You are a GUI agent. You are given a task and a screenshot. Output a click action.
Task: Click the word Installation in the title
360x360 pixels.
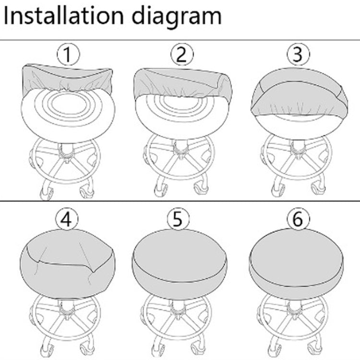click(64, 16)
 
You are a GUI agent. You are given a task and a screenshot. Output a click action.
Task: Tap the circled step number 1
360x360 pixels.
click(68, 54)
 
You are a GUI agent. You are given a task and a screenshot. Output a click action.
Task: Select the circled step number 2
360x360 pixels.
click(182, 54)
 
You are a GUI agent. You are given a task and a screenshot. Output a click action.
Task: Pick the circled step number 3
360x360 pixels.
click(298, 54)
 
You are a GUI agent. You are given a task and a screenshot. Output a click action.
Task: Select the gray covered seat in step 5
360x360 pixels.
click(180, 264)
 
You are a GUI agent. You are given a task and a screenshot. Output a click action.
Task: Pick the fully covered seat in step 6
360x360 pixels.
click(296, 264)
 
